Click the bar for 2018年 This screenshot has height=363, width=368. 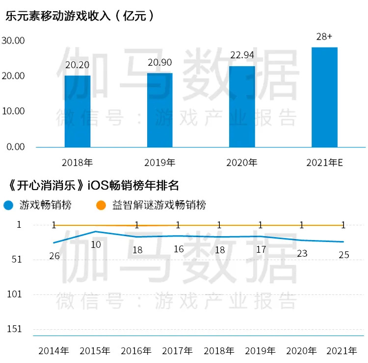78,111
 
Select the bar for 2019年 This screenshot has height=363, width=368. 160,110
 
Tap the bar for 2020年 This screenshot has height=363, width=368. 242,106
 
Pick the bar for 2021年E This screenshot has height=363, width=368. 324,97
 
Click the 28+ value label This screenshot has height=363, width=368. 324,37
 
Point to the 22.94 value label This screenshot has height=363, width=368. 242,56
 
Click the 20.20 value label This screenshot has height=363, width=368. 77,65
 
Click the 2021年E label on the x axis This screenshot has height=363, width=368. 324,162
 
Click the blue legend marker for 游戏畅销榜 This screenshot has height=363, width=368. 8,205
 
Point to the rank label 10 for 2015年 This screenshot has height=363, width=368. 96,244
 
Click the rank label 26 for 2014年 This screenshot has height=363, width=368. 54,256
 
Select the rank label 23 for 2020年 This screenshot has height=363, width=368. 302,253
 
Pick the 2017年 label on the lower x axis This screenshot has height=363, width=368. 178,351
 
